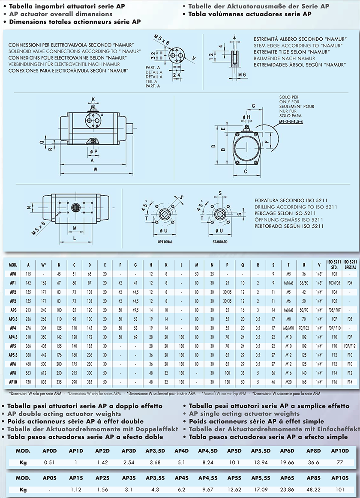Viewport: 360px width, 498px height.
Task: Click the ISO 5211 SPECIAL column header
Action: pyautogui.click(x=350, y=265)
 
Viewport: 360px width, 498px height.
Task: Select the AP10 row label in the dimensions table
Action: pyautogui.click(x=13, y=382)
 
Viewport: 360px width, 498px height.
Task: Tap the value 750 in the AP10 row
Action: pyautogui.click(x=28, y=382)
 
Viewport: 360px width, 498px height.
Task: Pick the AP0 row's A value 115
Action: pyautogui.click(x=28, y=274)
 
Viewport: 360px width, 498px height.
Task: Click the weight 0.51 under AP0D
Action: pyautogui.click(x=49, y=462)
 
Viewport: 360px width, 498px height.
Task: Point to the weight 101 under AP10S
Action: pyautogui.click(x=340, y=489)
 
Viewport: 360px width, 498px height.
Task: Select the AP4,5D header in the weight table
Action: pyautogui.click(x=208, y=450)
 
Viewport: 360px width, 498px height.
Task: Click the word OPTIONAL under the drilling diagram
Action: pyautogui.click(x=165, y=242)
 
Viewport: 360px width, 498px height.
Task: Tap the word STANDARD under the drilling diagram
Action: pyautogui.click(x=220, y=242)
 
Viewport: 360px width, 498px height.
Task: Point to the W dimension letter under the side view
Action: pyautogui.click(x=95, y=170)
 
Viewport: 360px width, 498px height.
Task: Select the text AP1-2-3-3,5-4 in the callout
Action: pyautogui.click(x=291, y=122)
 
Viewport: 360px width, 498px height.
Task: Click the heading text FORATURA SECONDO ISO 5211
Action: pyautogui.click(x=291, y=200)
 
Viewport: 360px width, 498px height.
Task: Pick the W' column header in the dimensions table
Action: pyautogui.click(x=44, y=265)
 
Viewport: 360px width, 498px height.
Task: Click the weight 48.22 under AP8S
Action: pyautogui.click(x=313, y=489)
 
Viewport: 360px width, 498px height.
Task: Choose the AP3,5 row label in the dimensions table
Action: pyautogui.click(x=13, y=319)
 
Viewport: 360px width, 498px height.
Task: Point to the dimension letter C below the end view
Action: pyautogui.click(x=245, y=172)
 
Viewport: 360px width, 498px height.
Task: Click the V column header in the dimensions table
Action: pyautogui.click(x=319, y=265)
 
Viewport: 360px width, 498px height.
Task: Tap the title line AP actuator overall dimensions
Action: pyautogui.click(x=61, y=14)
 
